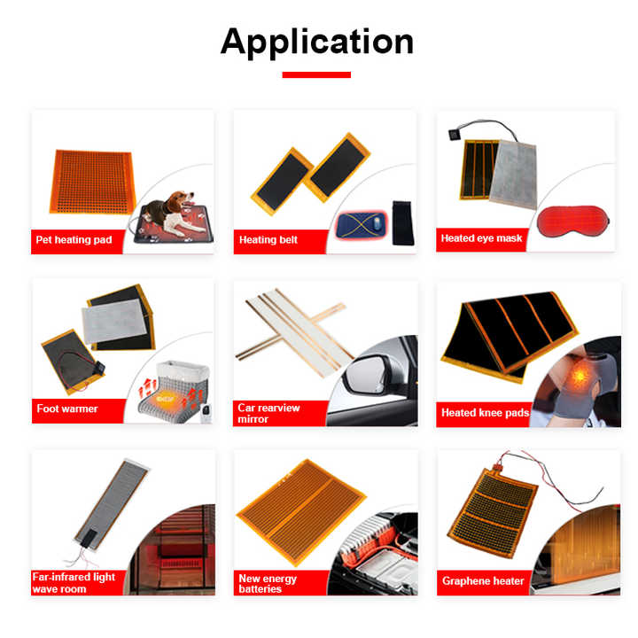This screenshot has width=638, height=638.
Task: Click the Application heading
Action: coord(317,41)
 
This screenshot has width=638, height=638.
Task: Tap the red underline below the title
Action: coord(316,75)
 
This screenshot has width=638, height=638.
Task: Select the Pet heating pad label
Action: coord(74,240)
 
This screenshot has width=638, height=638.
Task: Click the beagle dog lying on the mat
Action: coord(168,209)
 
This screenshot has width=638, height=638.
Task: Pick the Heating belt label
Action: coord(268,240)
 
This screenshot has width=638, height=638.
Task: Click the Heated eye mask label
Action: coord(482,238)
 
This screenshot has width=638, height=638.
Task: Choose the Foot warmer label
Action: coord(67,409)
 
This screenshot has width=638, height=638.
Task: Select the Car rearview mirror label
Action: coord(269,413)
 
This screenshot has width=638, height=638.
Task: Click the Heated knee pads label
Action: coord(484,413)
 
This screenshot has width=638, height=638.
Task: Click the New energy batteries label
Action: coord(268,584)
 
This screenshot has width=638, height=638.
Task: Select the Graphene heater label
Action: coord(483,581)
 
